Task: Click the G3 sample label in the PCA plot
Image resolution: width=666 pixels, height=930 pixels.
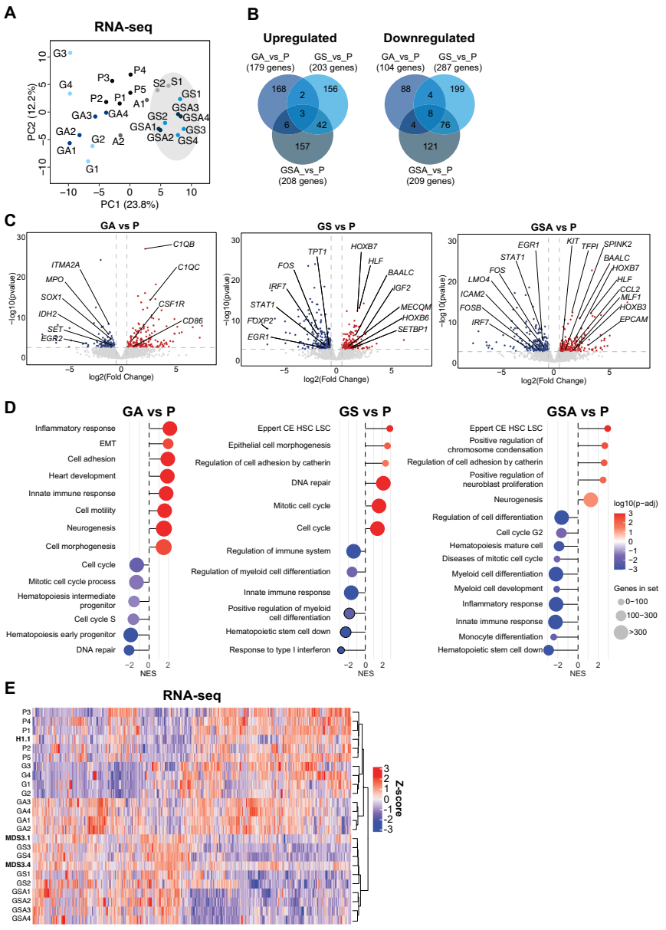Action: tap(58, 54)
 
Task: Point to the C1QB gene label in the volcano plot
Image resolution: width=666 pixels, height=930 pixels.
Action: tap(183, 245)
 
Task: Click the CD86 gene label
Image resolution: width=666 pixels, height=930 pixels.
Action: tap(193, 320)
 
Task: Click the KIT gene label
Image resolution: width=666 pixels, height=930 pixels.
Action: tap(572, 242)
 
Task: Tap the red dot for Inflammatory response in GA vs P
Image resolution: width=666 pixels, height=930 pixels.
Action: tap(169, 428)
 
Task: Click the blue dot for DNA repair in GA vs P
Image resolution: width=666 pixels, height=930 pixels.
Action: tap(130, 650)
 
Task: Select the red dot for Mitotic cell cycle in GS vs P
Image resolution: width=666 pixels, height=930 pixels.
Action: tap(379, 506)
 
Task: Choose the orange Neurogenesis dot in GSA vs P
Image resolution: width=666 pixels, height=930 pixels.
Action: tap(591, 500)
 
